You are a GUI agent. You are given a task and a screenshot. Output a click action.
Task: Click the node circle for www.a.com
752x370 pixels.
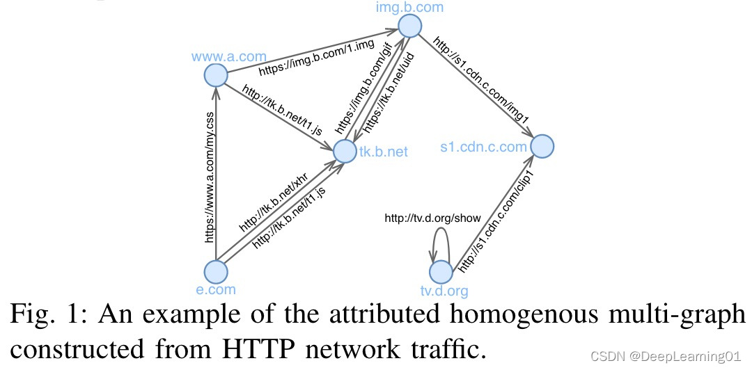pyautogui.click(x=217, y=75)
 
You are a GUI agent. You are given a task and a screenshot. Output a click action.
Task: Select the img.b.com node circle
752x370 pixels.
pyautogui.click(x=410, y=26)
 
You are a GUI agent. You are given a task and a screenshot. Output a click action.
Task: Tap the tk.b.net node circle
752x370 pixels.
pyautogui.click(x=345, y=150)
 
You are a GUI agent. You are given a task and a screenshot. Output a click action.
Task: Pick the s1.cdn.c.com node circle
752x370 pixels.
pyautogui.click(x=542, y=146)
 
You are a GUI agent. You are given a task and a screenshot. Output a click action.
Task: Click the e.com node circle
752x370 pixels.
pyautogui.click(x=217, y=272)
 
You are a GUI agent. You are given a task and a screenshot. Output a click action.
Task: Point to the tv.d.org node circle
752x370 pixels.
pyautogui.click(x=441, y=272)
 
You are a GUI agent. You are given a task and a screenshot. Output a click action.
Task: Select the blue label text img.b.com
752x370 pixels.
pyautogui.click(x=411, y=7)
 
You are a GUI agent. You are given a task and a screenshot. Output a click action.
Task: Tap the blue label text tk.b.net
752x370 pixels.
pyautogui.click(x=383, y=150)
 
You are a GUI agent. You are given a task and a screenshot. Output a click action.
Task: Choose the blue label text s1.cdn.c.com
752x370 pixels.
pyautogui.click(x=483, y=147)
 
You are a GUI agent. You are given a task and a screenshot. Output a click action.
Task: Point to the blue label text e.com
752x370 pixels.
pyautogui.click(x=217, y=289)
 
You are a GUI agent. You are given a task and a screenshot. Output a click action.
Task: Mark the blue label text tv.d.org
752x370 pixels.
pyautogui.click(x=444, y=291)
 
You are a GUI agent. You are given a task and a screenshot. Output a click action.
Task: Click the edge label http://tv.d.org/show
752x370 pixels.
pyautogui.click(x=432, y=218)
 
